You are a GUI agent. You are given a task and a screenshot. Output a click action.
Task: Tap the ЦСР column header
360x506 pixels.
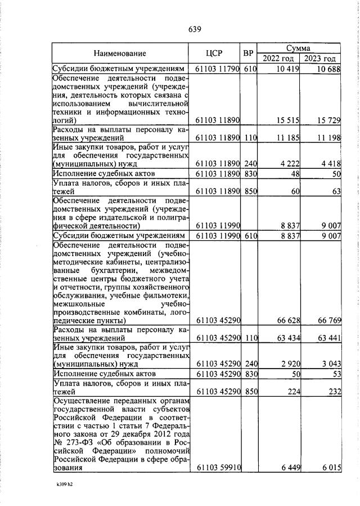[x=214, y=53]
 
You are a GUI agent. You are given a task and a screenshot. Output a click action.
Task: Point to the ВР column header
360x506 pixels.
[x=248, y=53]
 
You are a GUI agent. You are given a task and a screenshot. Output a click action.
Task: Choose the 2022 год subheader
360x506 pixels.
[x=278, y=59]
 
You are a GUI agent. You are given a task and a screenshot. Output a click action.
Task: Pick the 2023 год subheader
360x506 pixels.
[x=320, y=59]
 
